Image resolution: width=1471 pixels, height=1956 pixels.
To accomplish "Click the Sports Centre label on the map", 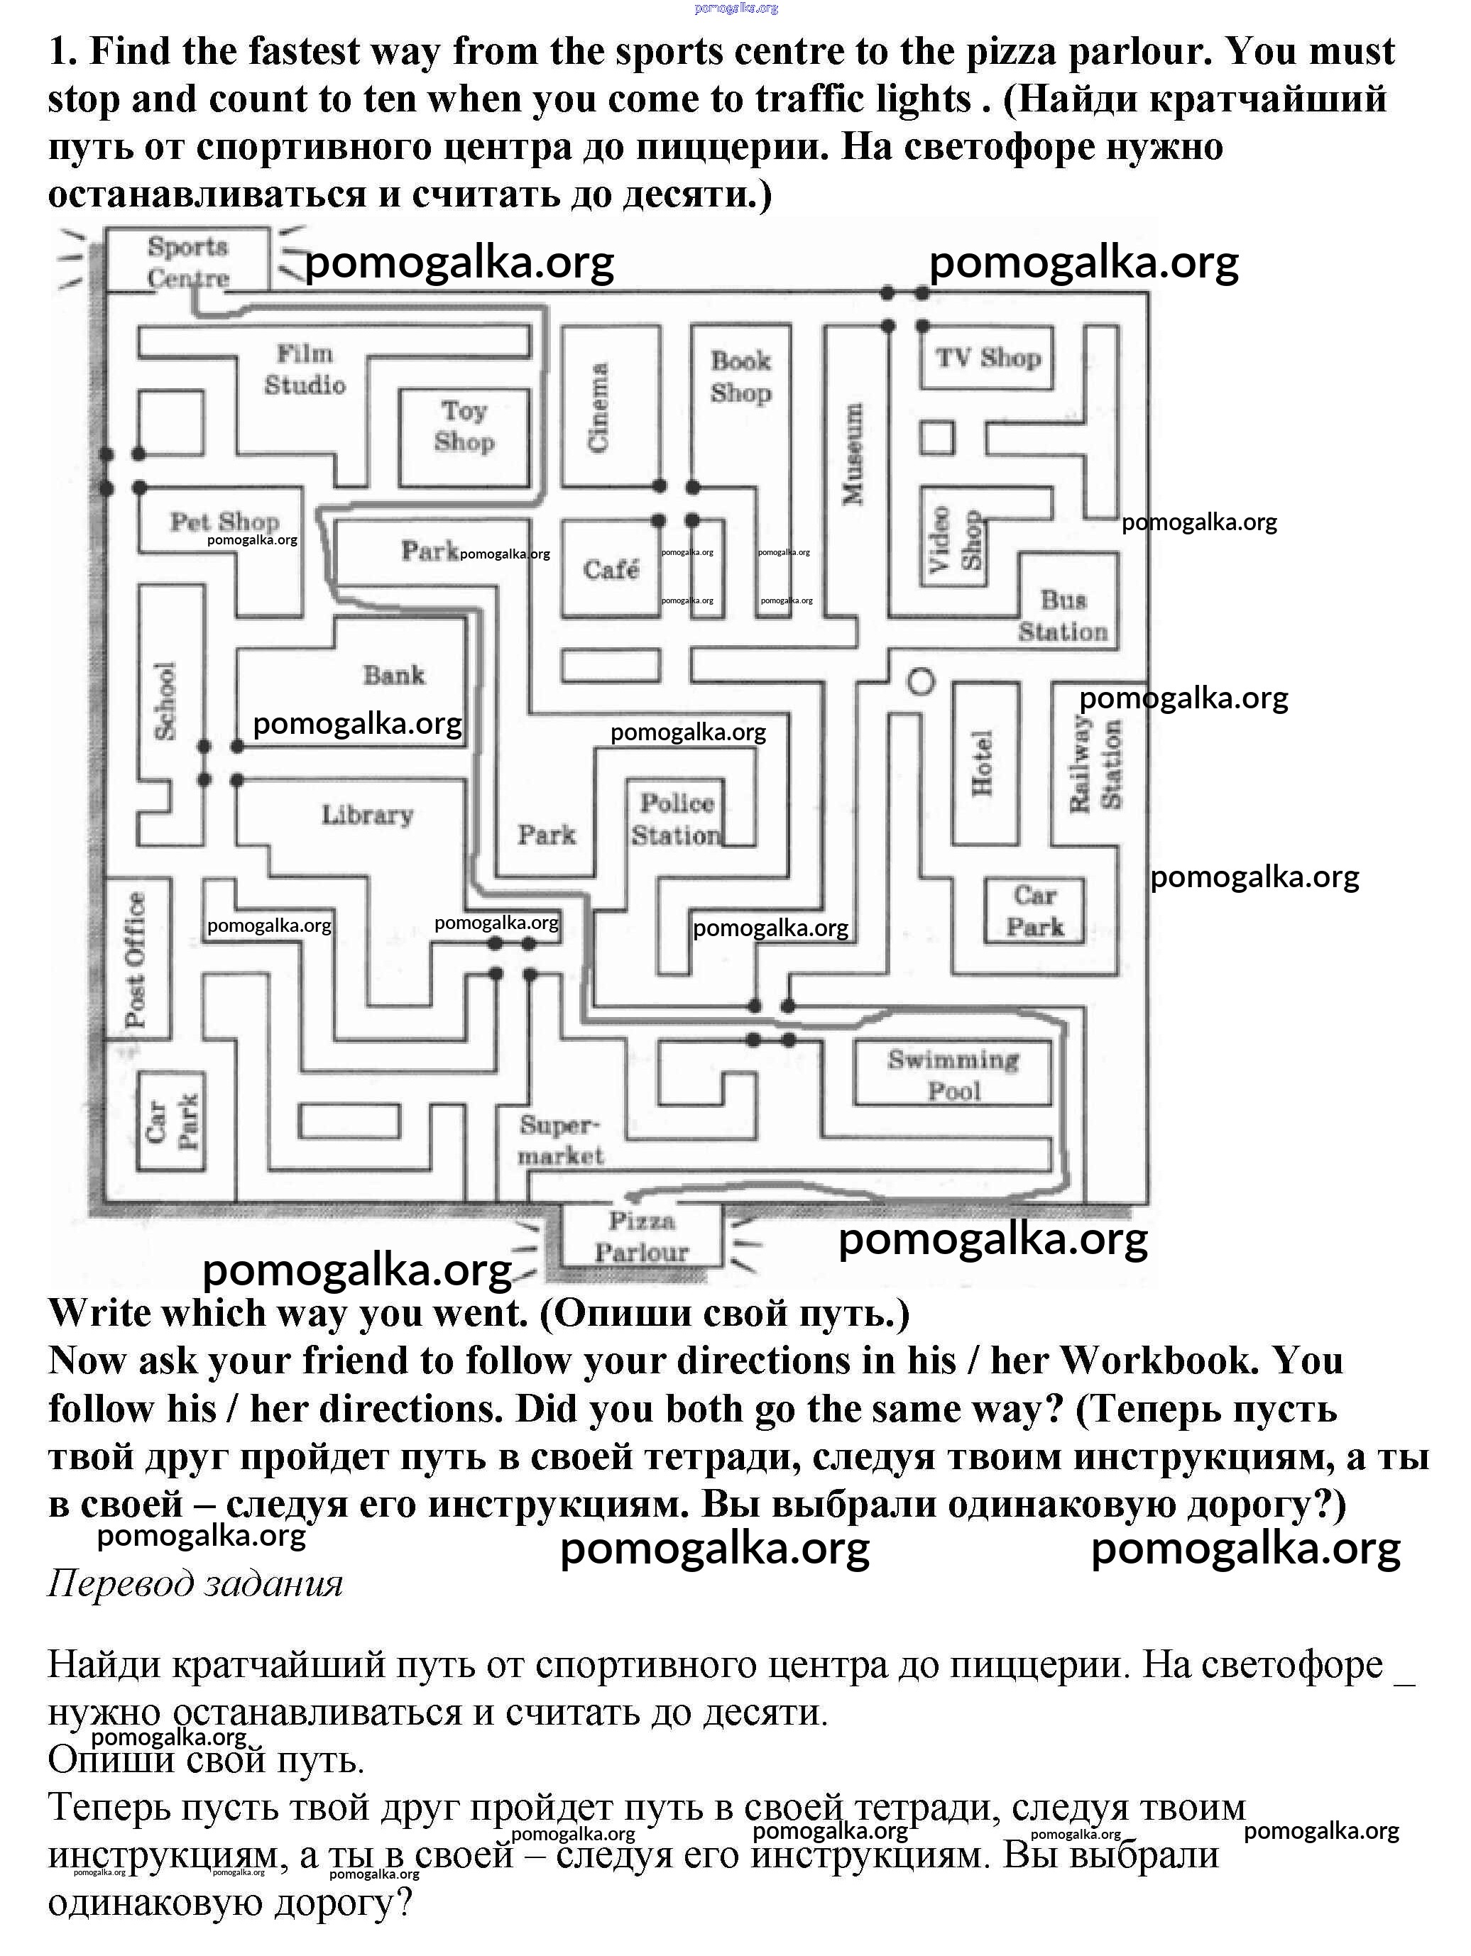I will pos(187,262).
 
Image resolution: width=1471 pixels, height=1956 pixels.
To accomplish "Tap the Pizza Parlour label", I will pos(641,1237).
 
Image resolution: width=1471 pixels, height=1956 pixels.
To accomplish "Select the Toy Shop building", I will pos(464,427).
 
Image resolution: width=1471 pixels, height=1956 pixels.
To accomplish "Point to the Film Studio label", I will pos(305,369).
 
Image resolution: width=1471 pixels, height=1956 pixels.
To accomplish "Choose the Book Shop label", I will pos(740,377).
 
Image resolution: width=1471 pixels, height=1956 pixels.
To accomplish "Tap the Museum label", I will pos(853,454).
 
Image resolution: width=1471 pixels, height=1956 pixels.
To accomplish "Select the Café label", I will pos(611,568).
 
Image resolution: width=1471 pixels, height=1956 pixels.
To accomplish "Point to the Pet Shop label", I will pos(224,522).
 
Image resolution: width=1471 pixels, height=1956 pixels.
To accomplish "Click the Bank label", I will pos(393,676).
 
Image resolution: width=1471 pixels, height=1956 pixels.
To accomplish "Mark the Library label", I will pos(367,815).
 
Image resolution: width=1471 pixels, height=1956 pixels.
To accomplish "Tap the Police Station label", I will pos(677,819).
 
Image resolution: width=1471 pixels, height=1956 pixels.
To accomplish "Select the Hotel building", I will pos(983,762).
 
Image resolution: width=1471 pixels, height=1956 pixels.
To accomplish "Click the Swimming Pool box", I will pos(953,1075).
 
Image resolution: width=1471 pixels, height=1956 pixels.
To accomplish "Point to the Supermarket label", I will pos(560,1141).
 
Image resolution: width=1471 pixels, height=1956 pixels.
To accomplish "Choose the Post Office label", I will pos(134,960).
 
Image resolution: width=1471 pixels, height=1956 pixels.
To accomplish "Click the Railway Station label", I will pos(1095,762).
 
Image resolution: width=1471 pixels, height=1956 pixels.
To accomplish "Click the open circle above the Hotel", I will pos(921,681).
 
